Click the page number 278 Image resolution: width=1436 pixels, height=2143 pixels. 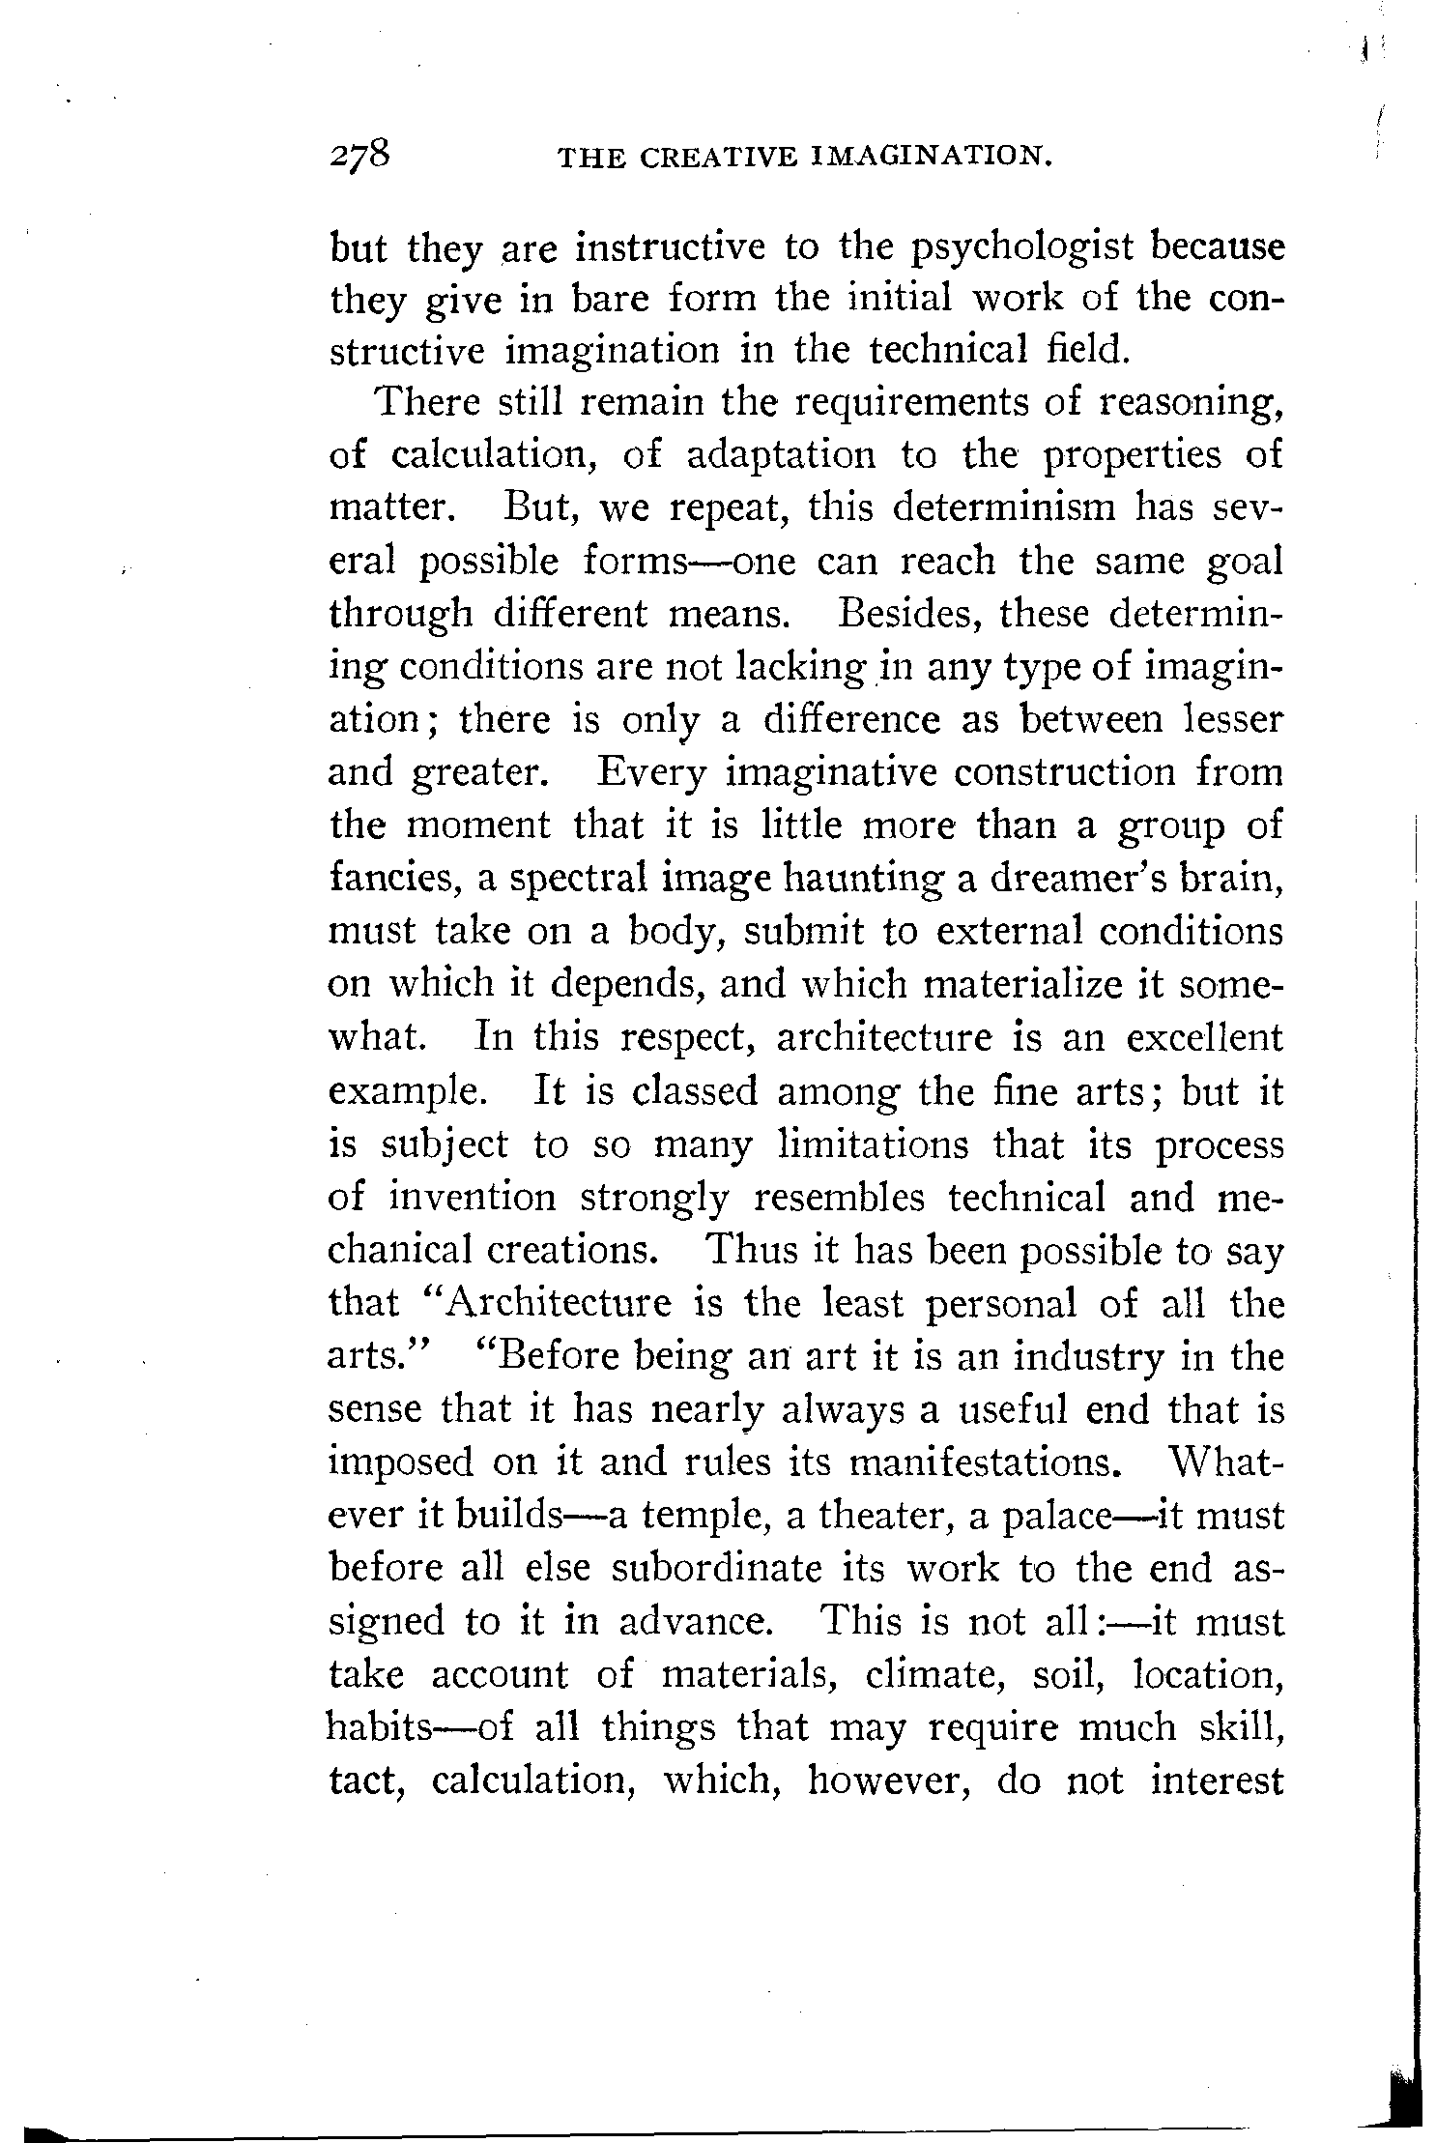[359, 156]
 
